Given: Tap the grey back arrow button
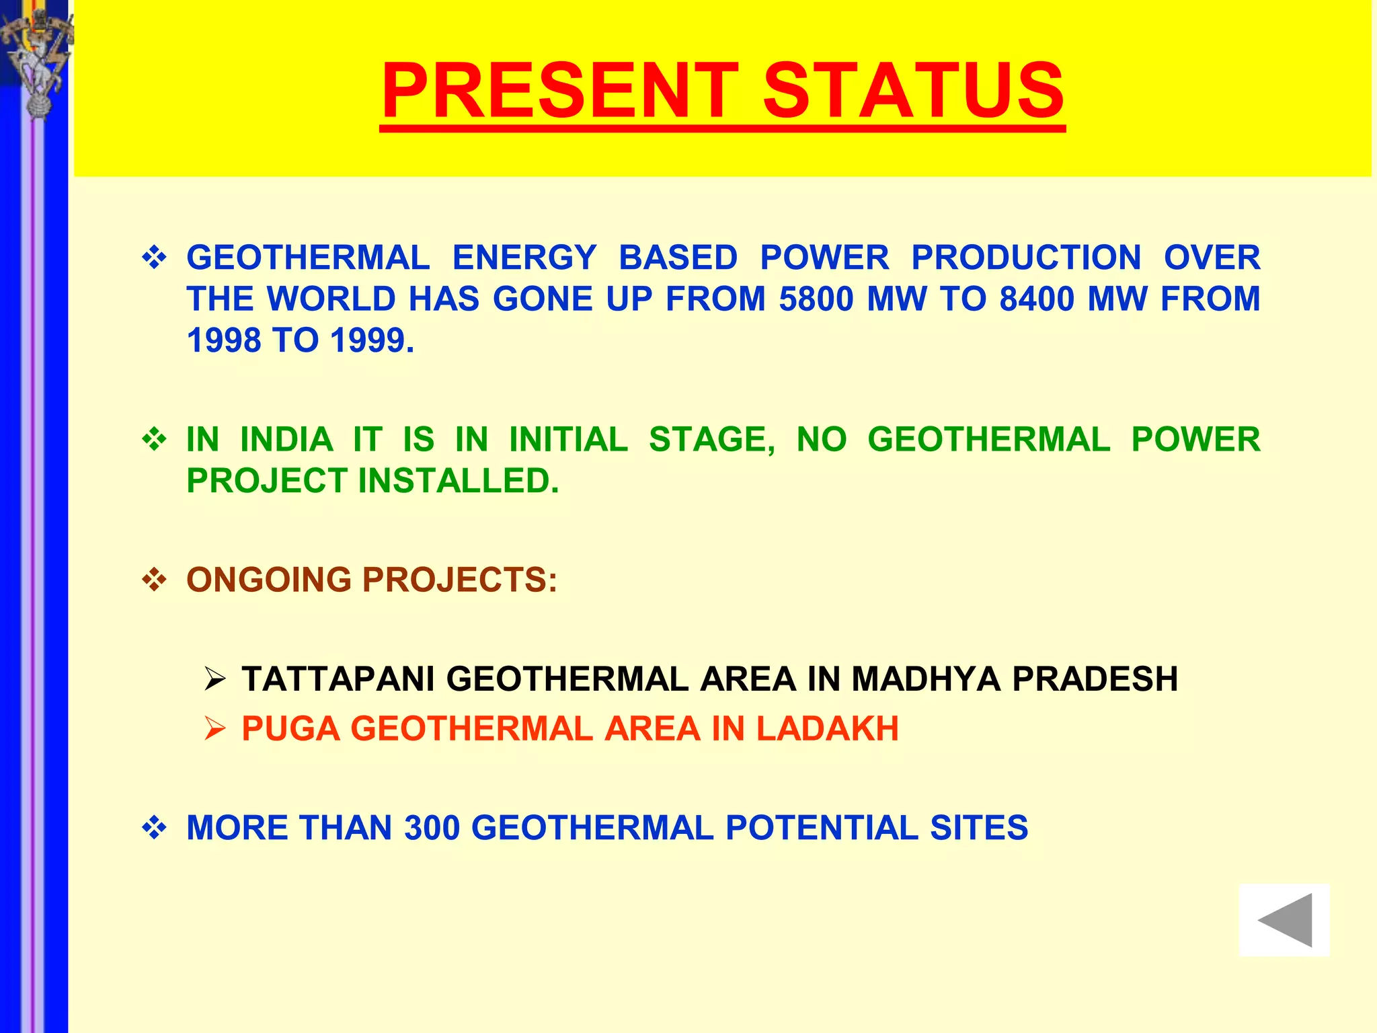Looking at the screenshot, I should (1284, 920).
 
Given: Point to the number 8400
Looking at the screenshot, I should (1037, 299).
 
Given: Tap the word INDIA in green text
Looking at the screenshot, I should (286, 440).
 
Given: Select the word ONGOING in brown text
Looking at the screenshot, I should (269, 580).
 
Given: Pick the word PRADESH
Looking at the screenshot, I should (1095, 679).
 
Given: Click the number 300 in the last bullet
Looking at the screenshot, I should (432, 828).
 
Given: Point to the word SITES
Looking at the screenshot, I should (979, 828).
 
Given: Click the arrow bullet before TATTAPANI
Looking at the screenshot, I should (214, 679).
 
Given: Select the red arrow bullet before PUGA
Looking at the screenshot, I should (214, 729).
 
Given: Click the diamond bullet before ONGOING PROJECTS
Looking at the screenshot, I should (155, 580).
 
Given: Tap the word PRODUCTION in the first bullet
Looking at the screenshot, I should (1026, 258).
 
